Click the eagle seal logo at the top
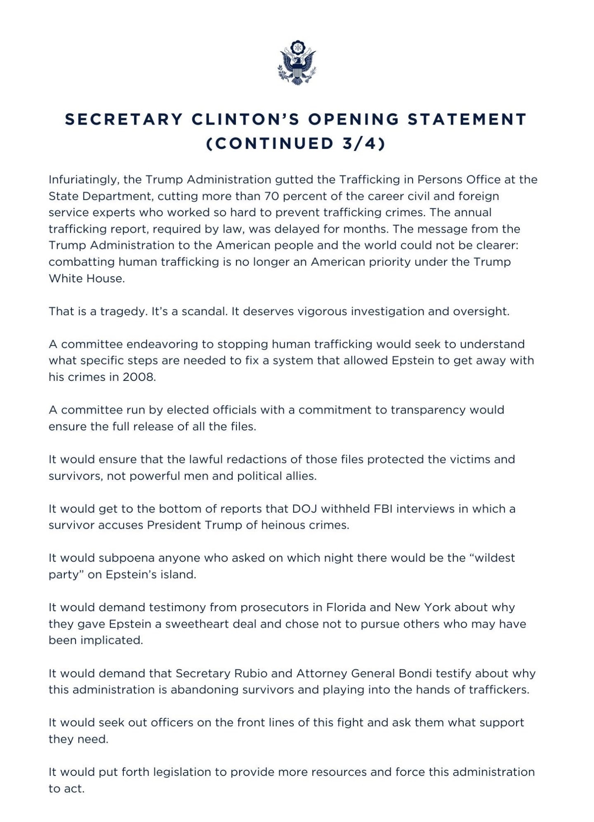pyautogui.click(x=297, y=63)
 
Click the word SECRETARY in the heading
pyautogui.click(x=124, y=119)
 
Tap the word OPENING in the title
pyautogui.click(x=353, y=119)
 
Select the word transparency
pyautogui.click(x=427, y=410)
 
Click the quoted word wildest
pyautogui.click(x=494, y=558)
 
